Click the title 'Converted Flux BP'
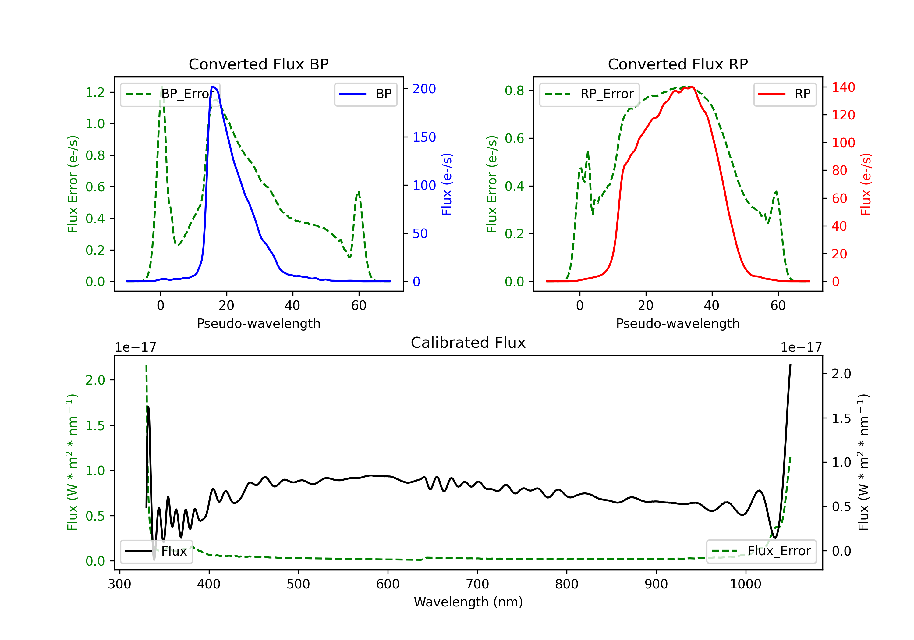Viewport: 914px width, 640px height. click(258, 64)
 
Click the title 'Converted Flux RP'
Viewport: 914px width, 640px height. click(678, 64)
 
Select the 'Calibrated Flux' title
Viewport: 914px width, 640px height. click(468, 343)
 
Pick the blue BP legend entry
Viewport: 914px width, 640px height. click(365, 94)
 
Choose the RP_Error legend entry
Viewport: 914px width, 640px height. click(589, 94)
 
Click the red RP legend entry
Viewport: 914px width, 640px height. click(785, 94)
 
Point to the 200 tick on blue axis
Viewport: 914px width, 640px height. click(424, 89)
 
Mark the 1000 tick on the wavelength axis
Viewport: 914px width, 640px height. click(745, 584)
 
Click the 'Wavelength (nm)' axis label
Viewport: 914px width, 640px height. click(468, 602)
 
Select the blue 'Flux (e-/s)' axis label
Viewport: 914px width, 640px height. click(447, 184)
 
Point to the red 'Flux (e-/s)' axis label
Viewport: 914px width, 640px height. click(866, 184)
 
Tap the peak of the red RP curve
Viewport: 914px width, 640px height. click(692, 87)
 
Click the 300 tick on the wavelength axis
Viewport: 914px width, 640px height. click(119, 584)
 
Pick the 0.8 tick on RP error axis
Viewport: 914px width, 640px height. click(514, 91)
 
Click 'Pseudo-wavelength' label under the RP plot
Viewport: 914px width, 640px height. click(678, 323)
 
